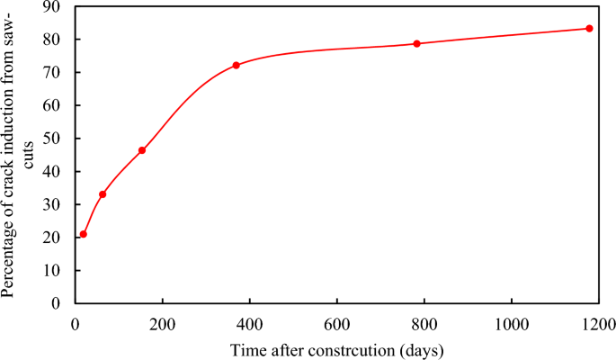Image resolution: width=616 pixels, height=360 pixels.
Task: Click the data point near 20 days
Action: pyautogui.click(x=84, y=234)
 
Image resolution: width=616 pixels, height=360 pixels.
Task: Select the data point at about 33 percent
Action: pyautogui.click(x=103, y=194)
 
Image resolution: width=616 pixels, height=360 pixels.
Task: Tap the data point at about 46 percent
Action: pyautogui.click(x=142, y=150)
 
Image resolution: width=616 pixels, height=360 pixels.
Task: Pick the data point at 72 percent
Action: pyautogui.click(x=236, y=65)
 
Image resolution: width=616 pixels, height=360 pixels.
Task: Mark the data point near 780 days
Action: pyautogui.click(x=417, y=43)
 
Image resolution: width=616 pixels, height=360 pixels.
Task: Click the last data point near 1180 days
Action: pyautogui.click(x=589, y=28)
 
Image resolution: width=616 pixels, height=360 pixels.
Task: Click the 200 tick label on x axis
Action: pyautogui.click(x=162, y=323)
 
